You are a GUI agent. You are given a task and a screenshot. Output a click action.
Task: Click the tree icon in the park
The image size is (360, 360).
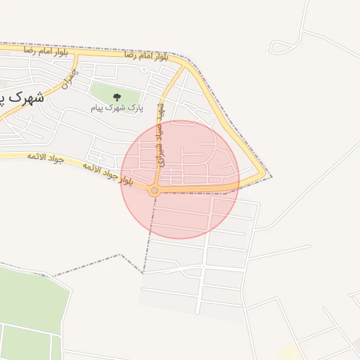[x=117, y=98]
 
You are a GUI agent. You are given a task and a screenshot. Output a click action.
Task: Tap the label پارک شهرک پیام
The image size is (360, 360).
[x=117, y=109]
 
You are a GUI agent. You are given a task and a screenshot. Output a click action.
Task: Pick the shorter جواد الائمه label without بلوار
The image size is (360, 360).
[x=46, y=157]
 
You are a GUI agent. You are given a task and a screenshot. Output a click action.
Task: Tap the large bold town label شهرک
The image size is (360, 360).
[x=25, y=98]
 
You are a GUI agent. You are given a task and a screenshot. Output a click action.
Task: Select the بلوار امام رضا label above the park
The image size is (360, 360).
[x=146, y=56]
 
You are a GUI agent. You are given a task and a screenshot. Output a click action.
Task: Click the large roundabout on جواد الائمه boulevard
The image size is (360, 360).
[x=154, y=189]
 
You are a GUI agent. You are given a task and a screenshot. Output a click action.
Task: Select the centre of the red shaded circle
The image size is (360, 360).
[x=180, y=179]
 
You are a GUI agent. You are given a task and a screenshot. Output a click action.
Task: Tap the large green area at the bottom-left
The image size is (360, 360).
[x=32, y=302]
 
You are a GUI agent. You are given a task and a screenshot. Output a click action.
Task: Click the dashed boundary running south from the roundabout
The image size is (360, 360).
[x=148, y=232]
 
